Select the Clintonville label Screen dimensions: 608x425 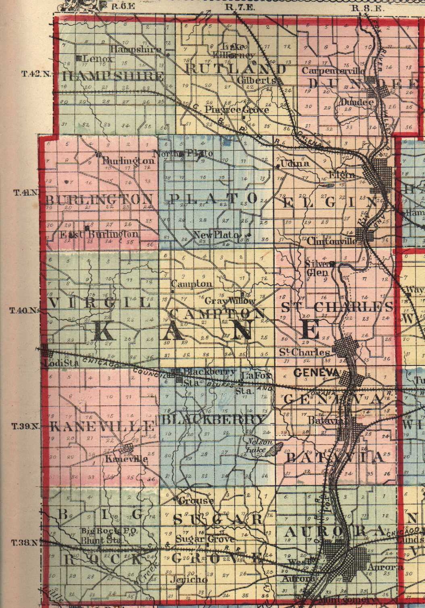(x=331, y=241)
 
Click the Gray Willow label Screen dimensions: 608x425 (x=230, y=301)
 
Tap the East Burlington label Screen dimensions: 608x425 (x=99, y=234)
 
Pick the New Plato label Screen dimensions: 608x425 (x=217, y=235)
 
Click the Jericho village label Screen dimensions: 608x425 (x=189, y=579)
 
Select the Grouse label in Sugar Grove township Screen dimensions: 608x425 (x=196, y=501)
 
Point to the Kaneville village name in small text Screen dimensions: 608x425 (x=126, y=459)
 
